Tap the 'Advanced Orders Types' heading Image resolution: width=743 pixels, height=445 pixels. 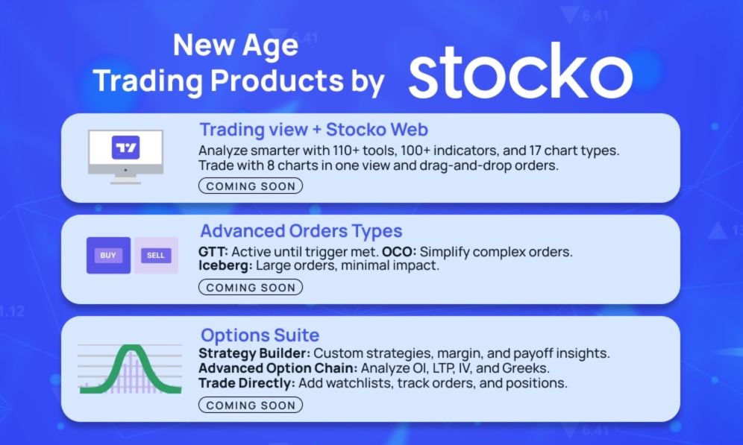301,230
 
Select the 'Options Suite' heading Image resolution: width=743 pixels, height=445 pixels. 260,334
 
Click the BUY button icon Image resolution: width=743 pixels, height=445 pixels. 108,256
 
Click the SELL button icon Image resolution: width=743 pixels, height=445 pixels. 156,256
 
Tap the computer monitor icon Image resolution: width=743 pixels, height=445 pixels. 125,154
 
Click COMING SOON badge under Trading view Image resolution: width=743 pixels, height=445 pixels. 250,186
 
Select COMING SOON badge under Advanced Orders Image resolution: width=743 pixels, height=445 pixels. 250,287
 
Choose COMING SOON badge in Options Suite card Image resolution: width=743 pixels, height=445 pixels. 250,405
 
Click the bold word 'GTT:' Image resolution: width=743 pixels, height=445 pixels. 213,251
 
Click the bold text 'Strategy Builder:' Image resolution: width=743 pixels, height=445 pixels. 253,353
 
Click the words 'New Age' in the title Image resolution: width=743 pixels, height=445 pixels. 236,45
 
